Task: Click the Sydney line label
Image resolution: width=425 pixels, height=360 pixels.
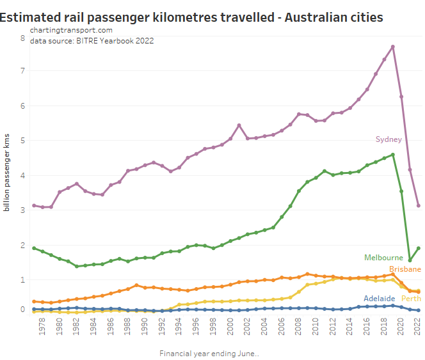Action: [388, 139]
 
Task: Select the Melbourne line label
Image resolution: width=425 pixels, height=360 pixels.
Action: [383, 257]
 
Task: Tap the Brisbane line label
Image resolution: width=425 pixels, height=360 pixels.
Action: [405, 269]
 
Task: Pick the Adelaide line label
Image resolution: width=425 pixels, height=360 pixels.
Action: [379, 298]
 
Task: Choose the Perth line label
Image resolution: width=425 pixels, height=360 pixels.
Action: [411, 299]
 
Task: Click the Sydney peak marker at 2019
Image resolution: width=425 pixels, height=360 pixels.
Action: [392, 47]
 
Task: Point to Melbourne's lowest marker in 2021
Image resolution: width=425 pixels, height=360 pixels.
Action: [410, 260]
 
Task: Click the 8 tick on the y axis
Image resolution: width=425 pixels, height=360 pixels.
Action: [22, 38]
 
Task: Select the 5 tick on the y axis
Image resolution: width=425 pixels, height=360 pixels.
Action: [22, 141]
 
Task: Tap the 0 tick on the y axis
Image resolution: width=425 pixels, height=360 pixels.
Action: [22, 309]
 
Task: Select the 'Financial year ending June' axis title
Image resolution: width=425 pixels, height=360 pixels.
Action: [209, 354]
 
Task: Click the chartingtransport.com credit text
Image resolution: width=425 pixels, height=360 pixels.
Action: [71, 30]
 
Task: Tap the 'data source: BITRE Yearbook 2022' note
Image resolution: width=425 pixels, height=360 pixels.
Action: [92, 41]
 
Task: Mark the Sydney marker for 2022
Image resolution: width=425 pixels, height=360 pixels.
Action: [418, 205]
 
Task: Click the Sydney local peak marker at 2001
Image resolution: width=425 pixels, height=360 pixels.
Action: [239, 125]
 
